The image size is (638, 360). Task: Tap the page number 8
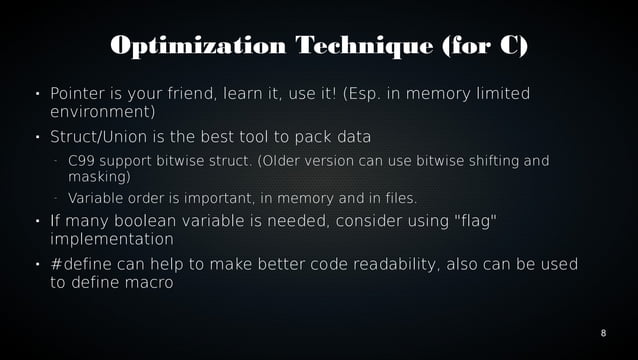603,331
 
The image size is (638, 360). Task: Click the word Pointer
79,94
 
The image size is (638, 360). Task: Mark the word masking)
99,176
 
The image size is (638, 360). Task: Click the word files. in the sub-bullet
398,197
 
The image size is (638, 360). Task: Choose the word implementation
111,239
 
